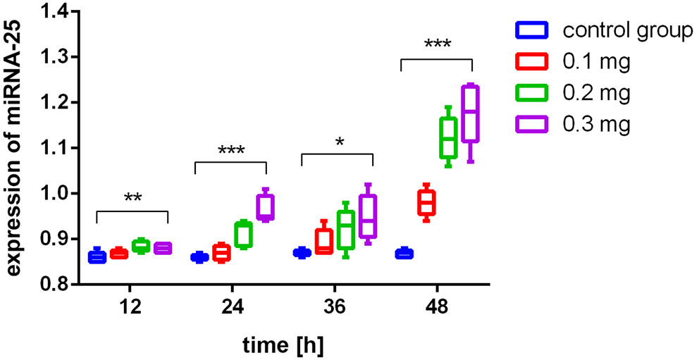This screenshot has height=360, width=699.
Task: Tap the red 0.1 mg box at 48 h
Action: point(426,202)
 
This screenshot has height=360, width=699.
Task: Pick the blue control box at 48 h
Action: point(404,254)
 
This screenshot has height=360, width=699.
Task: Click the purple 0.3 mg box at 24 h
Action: point(265,207)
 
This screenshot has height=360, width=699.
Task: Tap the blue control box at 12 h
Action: point(97,256)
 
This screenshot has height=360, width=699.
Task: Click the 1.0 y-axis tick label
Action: point(54,194)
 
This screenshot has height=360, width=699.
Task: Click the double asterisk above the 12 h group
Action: point(132,199)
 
